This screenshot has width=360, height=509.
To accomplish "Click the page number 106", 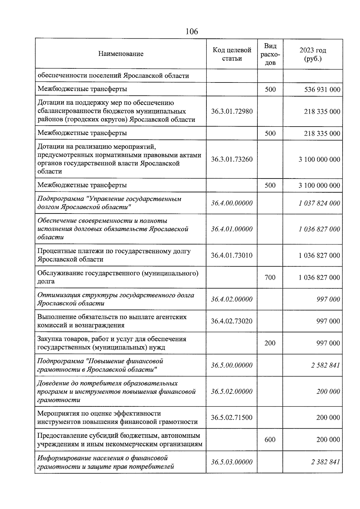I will pos(192,31).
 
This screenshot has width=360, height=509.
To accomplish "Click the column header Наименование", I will pos(121,54).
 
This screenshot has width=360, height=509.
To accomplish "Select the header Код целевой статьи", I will pos(232,54).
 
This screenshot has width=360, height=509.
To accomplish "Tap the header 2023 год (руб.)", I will pos(313,54).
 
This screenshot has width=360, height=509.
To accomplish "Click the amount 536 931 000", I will pos(322,89).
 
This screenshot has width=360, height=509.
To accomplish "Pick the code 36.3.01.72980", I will pos(232,112).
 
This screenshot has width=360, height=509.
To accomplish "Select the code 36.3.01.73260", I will pos(232,159).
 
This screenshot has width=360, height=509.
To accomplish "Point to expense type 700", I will pos(270,277).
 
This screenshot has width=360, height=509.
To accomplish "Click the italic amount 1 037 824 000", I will pos(319,203).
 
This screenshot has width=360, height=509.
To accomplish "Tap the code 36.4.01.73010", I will pos(232,256).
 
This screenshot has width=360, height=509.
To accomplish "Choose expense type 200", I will pos(270,343).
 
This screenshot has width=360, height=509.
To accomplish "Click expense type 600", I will pos(270,440).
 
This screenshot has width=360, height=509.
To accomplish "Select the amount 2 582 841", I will pos(325,365).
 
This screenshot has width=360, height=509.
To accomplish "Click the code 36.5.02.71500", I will pos(232,418).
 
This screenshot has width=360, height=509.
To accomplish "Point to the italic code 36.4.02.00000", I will pos(232,299).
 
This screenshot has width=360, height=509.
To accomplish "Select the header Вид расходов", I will pos(270,54).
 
